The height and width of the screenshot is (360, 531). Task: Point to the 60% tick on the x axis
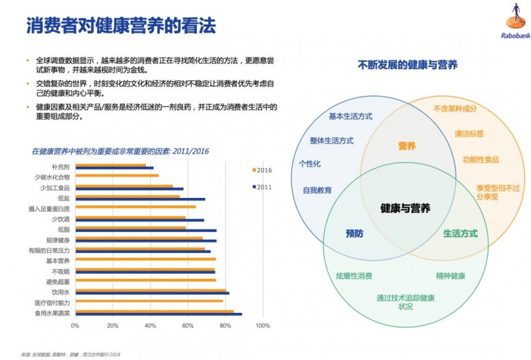188,326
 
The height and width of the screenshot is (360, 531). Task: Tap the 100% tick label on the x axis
263,326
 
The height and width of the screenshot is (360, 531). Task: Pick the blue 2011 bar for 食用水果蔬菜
159,314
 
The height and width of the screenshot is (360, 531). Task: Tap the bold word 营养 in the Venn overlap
407,145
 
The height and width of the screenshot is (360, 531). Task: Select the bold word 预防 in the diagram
355,234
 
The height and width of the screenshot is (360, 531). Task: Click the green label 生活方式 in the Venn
460,234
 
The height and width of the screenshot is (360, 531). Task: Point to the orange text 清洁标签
469,134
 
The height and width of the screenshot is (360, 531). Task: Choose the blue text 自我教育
317,190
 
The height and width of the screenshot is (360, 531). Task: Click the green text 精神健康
451,276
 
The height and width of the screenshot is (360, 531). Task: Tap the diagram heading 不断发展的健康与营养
407,65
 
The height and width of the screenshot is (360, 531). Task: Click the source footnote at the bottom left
72,353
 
